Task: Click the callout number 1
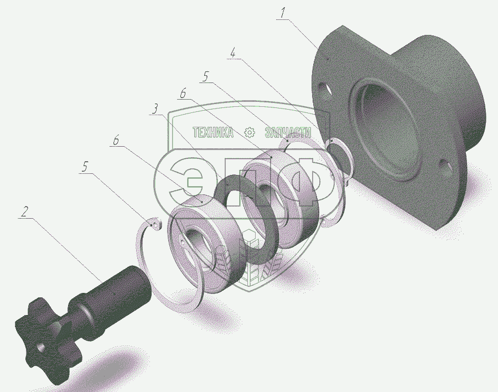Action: [x=283, y=13]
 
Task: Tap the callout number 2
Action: [x=24, y=212]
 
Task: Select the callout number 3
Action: [x=155, y=109]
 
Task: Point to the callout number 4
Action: [x=233, y=53]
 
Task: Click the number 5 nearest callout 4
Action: [x=205, y=76]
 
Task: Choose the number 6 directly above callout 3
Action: [x=183, y=94]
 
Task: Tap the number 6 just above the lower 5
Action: [x=116, y=140]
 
